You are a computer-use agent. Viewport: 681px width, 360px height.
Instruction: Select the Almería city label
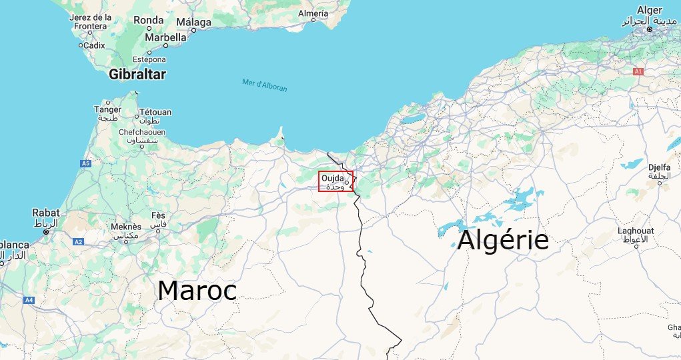coord(313,13)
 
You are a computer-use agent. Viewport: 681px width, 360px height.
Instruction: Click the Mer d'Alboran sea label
coord(265,85)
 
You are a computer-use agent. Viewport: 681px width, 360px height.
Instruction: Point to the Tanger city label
coord(107,109)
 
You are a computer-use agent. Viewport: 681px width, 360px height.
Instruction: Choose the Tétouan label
coord(155,112)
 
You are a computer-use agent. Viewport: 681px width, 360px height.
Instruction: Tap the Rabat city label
coord(45,213)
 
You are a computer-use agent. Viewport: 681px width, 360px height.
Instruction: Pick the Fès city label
coord(158,215)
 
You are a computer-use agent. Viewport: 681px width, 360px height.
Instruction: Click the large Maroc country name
coord(197,291)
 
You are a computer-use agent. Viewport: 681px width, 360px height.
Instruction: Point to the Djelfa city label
coord(658,167)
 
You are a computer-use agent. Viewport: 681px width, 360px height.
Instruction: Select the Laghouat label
coord(636,231)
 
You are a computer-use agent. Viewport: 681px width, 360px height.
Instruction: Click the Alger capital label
coord(649,10)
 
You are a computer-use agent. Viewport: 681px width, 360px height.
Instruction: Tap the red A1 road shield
coord(638,71)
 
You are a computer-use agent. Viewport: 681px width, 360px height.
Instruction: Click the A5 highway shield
coord(85,163)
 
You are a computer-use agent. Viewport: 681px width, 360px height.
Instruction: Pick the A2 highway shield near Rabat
coord(78,241)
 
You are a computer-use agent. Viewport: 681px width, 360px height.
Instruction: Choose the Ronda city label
coord(148,20)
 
